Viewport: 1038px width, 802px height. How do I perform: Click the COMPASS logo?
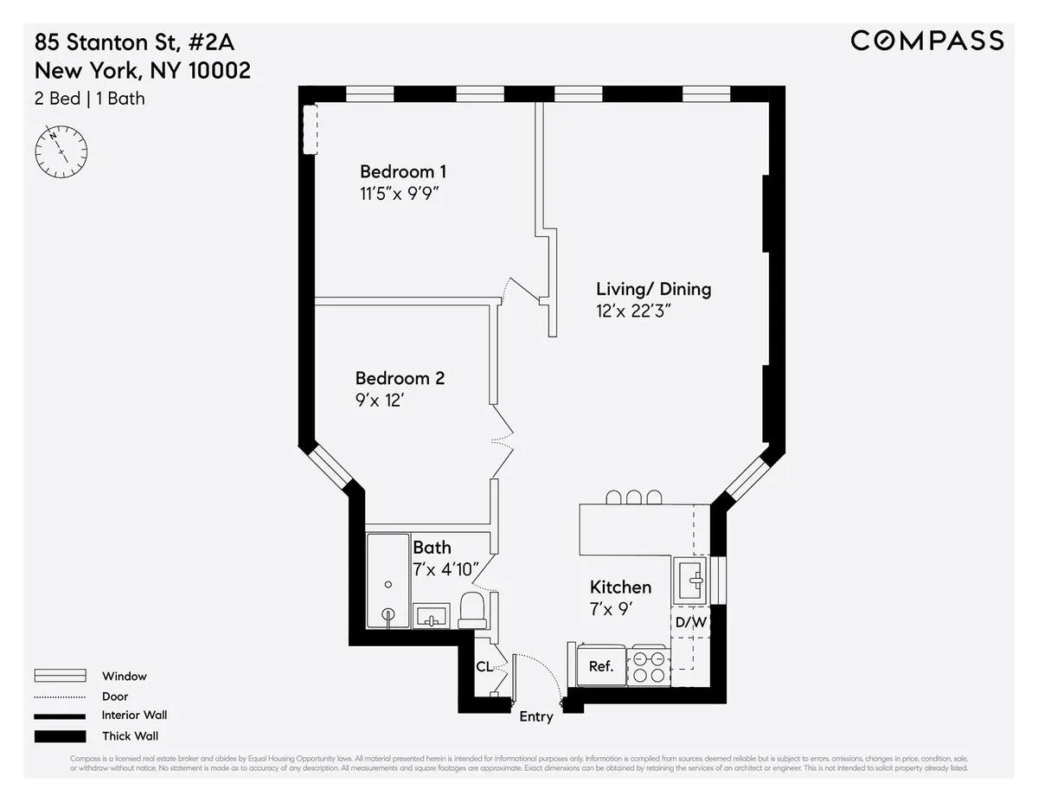click(926, 41)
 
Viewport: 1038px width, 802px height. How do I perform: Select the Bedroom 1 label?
click(403, 170)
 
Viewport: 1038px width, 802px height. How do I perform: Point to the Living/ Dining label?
click(653, 289)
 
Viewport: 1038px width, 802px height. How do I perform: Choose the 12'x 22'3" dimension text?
click(634, 311)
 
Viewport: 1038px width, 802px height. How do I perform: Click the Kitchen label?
click(620, 587)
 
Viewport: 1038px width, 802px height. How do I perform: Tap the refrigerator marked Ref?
click(600, 665)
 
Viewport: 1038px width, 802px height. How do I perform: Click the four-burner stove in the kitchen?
click(648, 665)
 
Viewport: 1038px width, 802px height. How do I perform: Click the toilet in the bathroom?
click(472, 610)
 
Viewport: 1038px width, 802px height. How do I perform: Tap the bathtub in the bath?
click(388, 580)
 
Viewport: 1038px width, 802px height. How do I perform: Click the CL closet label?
click(484, 667)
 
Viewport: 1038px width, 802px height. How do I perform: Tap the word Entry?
click(536, 716)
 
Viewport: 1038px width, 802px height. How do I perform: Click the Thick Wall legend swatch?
click(60, 736)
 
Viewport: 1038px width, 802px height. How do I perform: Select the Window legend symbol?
click(60, 676)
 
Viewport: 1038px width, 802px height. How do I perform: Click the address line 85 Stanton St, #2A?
click(134, 41)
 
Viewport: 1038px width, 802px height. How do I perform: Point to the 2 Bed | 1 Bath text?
click(90, 99)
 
